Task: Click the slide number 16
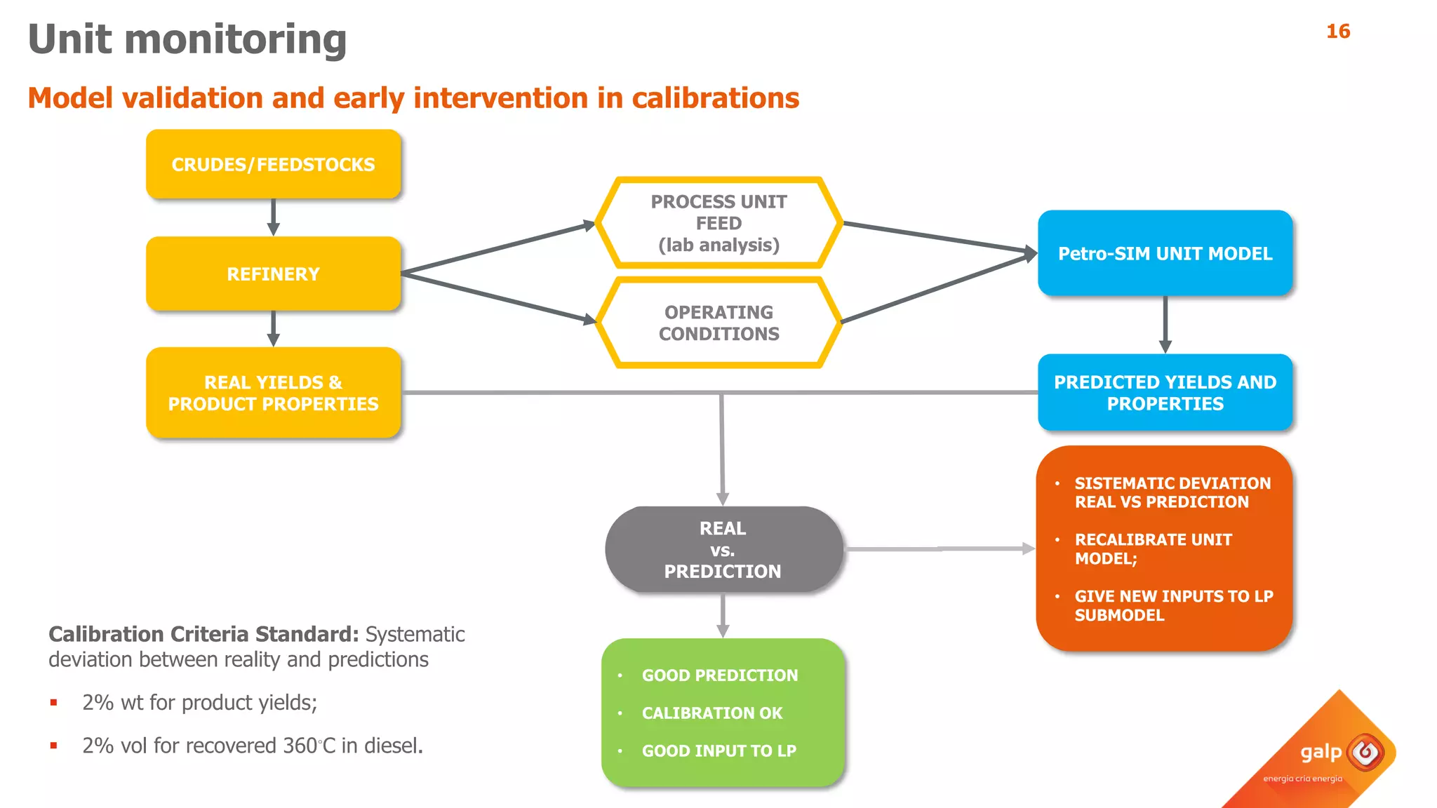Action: point(1337,32)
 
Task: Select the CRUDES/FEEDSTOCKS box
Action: point(273,164)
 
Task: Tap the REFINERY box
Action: point(273,274)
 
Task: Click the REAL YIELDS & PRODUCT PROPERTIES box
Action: point(273,393)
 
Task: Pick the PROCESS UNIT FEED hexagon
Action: point(718,223)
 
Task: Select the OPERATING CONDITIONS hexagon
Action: point(718,323)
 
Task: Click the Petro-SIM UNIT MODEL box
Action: point(1165,253)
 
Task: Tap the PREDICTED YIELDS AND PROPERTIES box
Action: point(1165,393)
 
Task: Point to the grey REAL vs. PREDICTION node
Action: point(723,549)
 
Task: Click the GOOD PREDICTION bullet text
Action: point(720,675)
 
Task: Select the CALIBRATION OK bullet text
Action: point(711,713)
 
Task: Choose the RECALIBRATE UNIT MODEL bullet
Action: point(1153,549)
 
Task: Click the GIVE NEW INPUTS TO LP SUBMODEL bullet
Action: point(1173,605)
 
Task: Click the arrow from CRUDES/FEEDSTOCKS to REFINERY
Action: point(273,217)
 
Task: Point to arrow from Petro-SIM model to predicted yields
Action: point(1165,324)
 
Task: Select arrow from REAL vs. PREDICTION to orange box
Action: point(940,549)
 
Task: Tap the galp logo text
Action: point(1321,753)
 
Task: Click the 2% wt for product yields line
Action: point(199,702)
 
